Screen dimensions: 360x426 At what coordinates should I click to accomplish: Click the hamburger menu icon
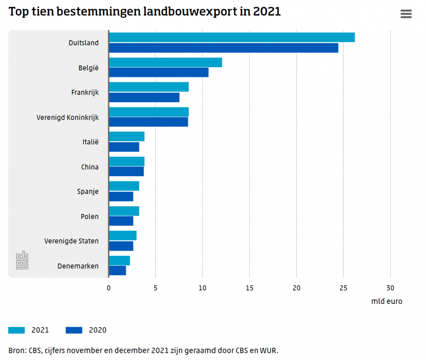coord(406,14)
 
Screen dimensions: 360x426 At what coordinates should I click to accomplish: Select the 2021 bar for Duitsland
coord(231,37)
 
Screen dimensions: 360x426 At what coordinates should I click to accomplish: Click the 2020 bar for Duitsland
coord(223,48)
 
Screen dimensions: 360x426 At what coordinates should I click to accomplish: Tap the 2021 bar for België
coord(165,62)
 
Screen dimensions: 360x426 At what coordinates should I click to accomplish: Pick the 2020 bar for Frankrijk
coord(144,97)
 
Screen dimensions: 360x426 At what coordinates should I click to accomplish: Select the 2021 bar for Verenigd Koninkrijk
coord(149,112)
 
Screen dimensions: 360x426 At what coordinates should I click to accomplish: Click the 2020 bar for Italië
coord(124,147)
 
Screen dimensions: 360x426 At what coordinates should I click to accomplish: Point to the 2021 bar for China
coord(126,161)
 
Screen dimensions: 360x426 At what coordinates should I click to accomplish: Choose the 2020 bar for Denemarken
coord(117,271)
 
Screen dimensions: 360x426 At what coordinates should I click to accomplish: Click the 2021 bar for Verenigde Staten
coord(123,236)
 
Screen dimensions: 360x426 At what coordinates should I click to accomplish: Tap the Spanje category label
coord(88,192)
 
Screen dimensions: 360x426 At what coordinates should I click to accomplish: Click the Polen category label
coord(89,216)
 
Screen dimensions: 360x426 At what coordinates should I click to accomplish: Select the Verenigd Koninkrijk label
coord(67,117)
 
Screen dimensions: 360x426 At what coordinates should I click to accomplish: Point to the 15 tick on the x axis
coord(249,288)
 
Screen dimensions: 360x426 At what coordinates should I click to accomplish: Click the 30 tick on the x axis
coord(390,288)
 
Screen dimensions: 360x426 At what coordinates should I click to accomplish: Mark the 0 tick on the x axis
coord(109,288)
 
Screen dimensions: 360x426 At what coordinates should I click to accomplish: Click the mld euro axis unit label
coord(386,301)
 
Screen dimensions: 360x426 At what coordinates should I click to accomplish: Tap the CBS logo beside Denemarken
coord(22,260)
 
